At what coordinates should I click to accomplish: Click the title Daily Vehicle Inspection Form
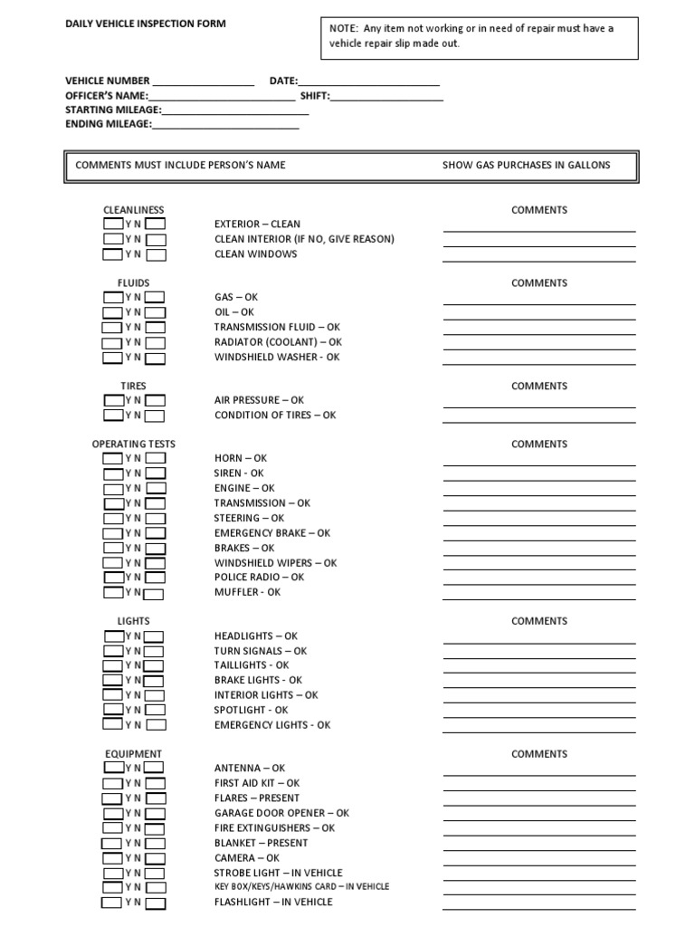(x=145, y=24)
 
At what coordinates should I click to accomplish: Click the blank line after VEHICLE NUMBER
(x=204, y=82)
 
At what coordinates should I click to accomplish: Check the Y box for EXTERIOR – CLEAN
(x=113, y=224)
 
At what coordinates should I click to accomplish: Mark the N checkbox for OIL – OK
(x=156, y=312)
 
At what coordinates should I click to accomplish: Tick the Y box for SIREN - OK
(x=113, y=473)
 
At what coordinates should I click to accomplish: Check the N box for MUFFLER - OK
(x=154, y=594)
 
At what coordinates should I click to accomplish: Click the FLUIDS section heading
(x=133, y=283)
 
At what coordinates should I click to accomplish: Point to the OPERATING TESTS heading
(x=133, y=444)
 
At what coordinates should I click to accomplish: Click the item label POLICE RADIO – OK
(x=259, y=578)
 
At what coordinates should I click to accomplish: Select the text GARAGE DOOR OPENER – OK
(x=281, y=813)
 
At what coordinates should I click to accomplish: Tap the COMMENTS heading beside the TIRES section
(x=538, y=386)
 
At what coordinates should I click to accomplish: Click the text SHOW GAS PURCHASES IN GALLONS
(x=526, y=166)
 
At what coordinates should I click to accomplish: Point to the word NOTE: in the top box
(x=345, y=28)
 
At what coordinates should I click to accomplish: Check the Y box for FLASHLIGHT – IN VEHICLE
(x=111, y=903)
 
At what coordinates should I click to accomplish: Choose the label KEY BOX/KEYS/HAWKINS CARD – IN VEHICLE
(x=301, y=887)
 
